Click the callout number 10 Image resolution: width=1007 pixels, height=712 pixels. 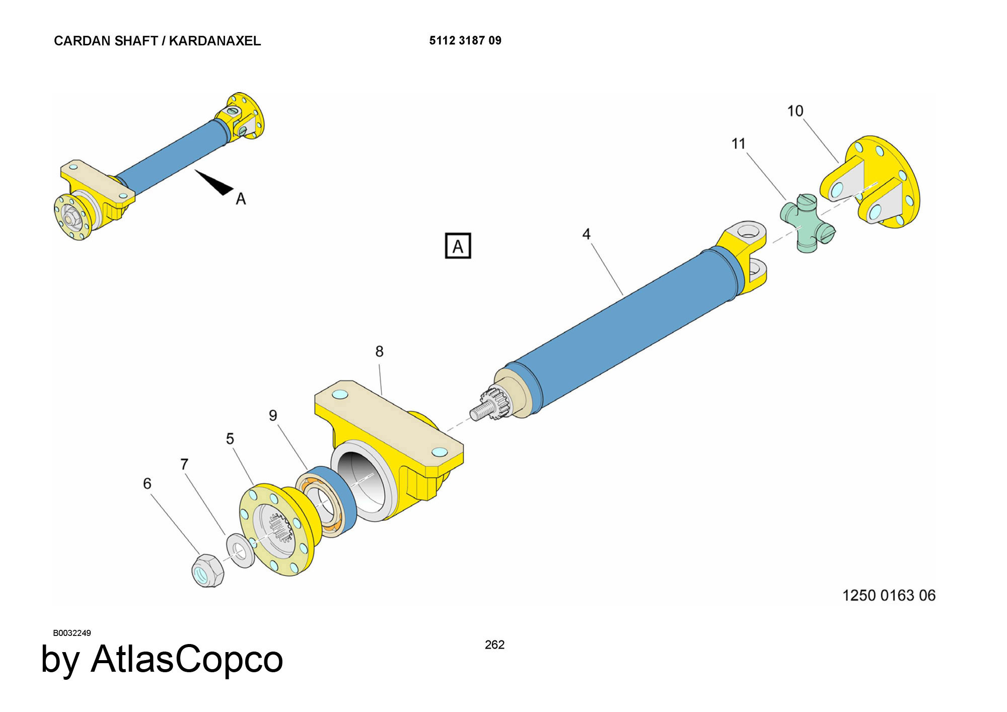[795, 111]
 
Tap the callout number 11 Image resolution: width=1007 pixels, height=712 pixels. [738, 144]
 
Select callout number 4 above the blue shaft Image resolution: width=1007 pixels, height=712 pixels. [586, 234]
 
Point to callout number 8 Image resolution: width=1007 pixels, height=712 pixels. [379, 351]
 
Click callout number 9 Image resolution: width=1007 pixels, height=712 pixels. [273, 415]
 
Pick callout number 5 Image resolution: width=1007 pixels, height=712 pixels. [230, 439]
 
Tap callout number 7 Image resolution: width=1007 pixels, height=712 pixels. [184, 464]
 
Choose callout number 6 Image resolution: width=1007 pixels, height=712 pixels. [147, 483]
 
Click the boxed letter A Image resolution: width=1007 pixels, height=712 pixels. [458, 246]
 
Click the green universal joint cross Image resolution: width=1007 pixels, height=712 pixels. [807, 223]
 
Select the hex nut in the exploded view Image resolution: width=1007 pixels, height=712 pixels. [207, 571]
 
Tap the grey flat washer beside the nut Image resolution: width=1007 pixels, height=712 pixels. [240, 550]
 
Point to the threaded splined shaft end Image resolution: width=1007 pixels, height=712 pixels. [491, 404]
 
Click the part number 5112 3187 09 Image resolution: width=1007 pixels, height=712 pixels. [465, 41]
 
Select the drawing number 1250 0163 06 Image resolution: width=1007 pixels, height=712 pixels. [889, 595]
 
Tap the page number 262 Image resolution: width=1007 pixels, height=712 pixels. [494, 645]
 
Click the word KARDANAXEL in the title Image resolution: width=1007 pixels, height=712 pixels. [215, 41]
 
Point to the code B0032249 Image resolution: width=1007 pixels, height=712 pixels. [72, 633]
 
